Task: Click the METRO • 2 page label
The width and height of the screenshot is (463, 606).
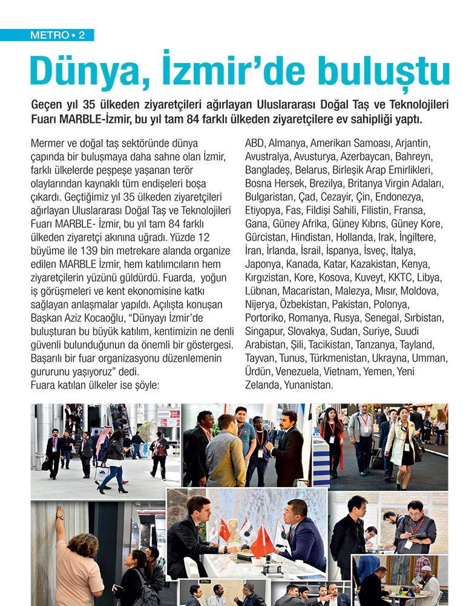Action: tap(57, 35)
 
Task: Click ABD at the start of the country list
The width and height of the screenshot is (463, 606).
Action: tap(254, 144)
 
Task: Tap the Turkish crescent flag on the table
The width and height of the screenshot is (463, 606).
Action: tap(225, 530)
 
